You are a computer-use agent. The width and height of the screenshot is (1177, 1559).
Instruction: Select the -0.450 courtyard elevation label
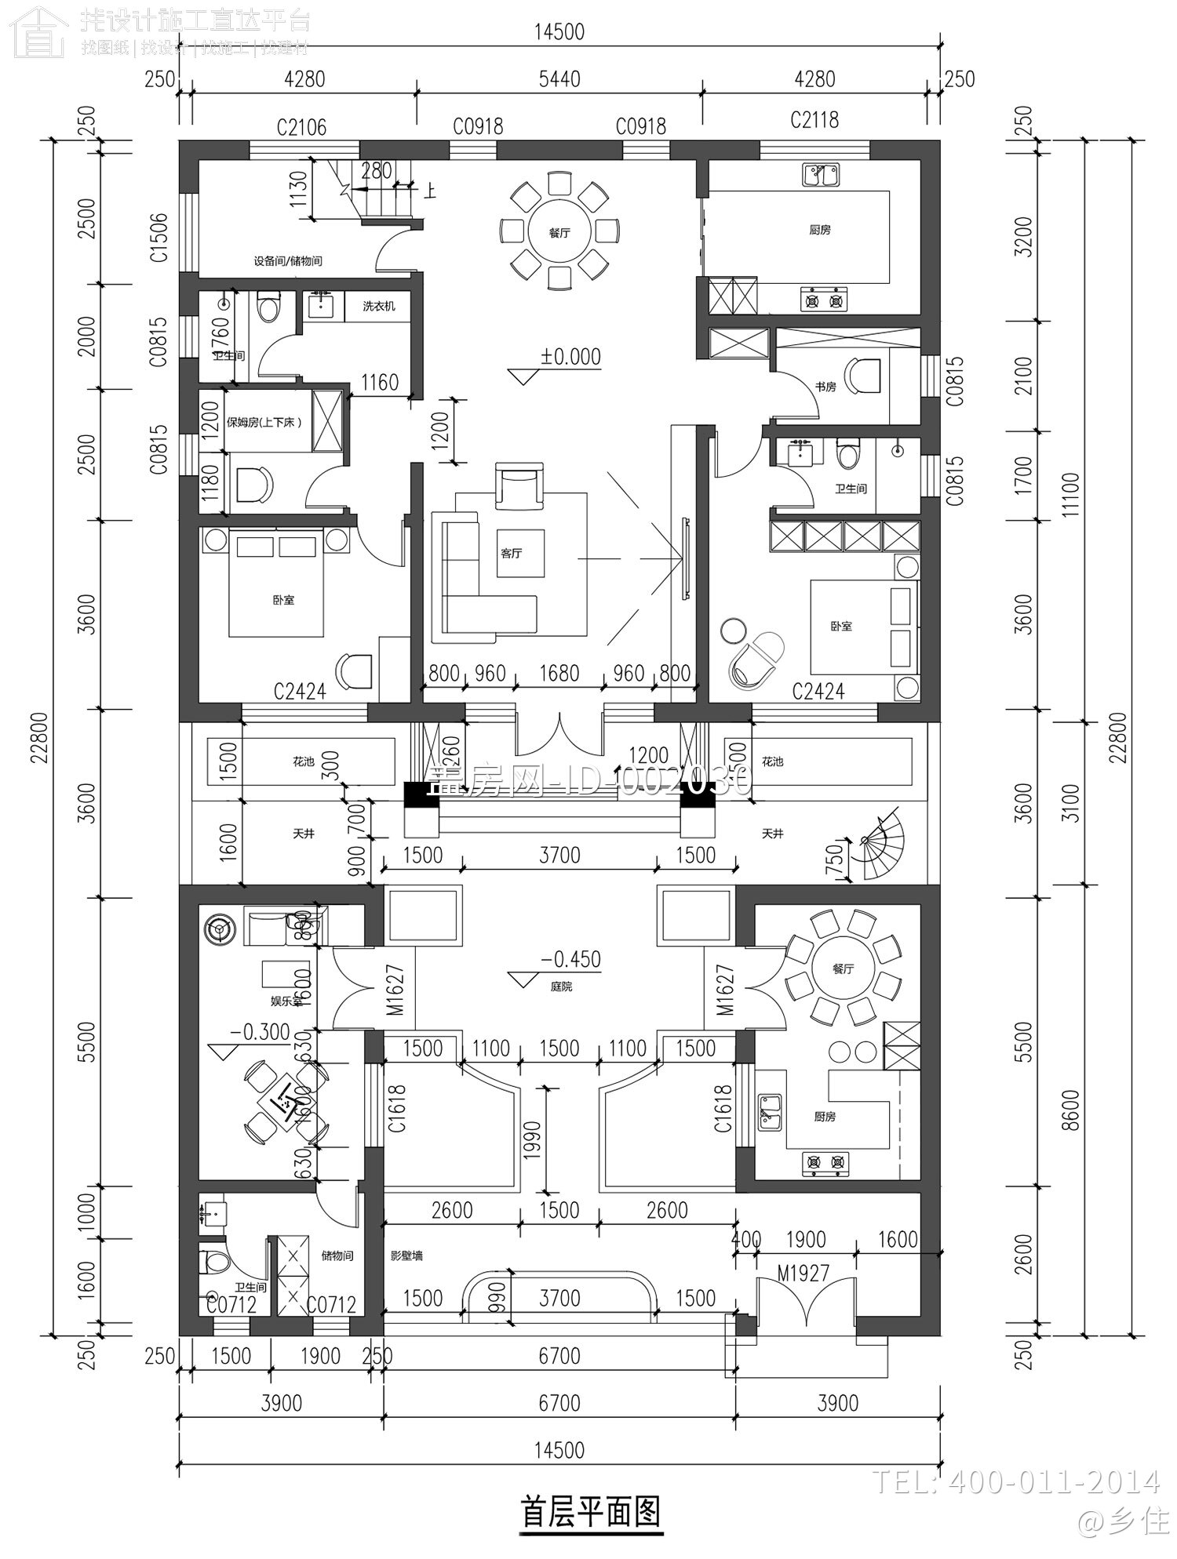570,959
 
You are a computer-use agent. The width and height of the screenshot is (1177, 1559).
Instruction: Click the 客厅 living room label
511,554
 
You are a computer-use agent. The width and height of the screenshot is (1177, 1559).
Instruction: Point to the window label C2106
301,127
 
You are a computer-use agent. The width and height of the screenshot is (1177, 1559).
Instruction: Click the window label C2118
814,120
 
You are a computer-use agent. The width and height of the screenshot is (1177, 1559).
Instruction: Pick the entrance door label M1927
803,1273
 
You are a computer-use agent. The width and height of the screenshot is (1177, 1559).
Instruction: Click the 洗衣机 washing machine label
379,306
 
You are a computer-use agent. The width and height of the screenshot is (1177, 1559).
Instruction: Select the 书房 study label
825,387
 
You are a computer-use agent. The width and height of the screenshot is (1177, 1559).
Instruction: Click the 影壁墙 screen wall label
406,1256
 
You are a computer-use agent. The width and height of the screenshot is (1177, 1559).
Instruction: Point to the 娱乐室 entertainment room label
286,1001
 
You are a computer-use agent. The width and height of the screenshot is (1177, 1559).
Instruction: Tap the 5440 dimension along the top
559,79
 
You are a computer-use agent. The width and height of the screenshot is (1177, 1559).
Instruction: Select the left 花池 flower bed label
303,761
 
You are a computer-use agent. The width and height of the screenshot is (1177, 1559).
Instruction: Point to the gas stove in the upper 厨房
824,299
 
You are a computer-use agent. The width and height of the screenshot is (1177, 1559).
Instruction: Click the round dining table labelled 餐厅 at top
559,232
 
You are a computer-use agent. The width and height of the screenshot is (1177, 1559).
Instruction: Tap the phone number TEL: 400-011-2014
1015,1481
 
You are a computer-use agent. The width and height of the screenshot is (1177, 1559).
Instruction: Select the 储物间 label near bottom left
337,1256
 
